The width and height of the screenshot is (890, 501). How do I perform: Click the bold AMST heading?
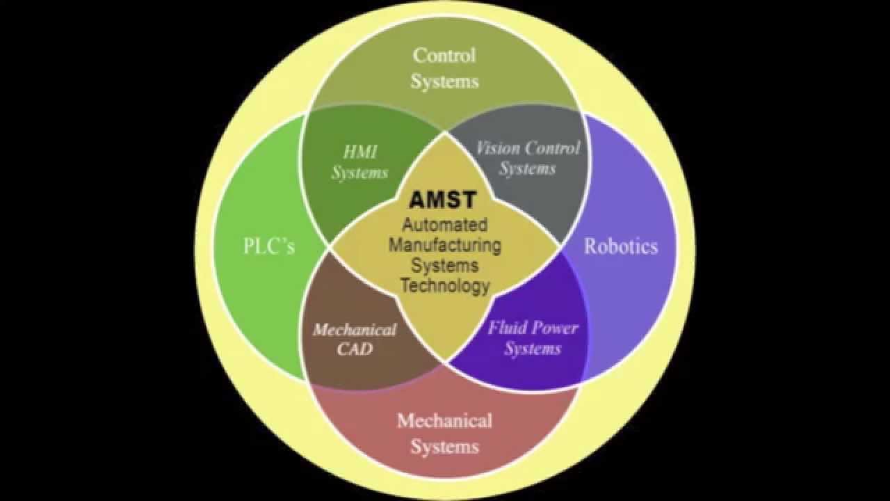pyautogui.click(x=443, y=200)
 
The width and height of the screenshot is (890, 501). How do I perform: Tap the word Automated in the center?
pyautogui.click(x=445, y=225)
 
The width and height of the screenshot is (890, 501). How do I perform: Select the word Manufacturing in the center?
pyautogui.click(x=445, y=245)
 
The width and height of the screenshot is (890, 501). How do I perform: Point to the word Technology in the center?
pyautogui.click(x=445, y=285)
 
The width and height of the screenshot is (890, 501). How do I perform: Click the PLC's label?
pyautogui.click(x=269, y=246)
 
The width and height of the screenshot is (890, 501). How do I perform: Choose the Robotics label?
pyautogui.click(x=620, y=246)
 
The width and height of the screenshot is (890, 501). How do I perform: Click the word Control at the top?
pyautogui.click(x=444, y=55)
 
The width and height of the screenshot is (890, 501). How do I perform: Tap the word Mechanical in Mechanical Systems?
pyautogui.click(x=444, y=420)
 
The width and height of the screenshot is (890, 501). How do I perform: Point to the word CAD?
pyautogui.click(x=355, y=349)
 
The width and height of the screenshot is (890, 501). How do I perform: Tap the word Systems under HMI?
pyautogui.click(x=359, y=173)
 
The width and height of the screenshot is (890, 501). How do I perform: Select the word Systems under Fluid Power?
pyautogui.click(x=533, y=349)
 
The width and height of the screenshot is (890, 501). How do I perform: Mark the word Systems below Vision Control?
pyautogui.click(x=527, y=168)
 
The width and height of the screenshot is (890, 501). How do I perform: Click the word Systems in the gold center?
pyautogui.click(x=445, y=265)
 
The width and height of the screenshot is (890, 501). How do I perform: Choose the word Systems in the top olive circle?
pyautogui.click(x=444, y=81)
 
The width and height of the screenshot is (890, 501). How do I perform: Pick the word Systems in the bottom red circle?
pyautogui.click(x=444, y=445)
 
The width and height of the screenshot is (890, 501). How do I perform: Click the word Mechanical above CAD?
pyautogui.click(x=355, y=329)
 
